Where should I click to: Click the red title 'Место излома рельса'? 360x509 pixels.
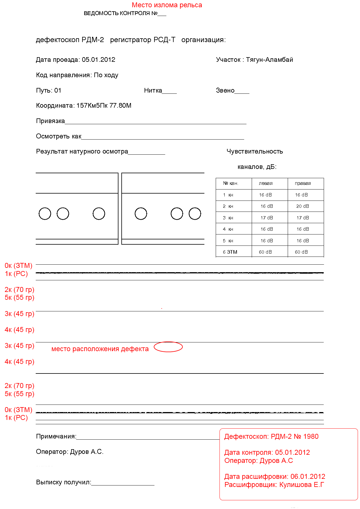(x=167, y=5)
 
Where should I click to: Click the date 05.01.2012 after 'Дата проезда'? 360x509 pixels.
(x=98, y=60)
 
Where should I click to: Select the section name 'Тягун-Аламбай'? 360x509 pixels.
(x=269, y=60)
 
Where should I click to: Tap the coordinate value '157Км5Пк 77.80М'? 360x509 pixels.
(x=104, y=106)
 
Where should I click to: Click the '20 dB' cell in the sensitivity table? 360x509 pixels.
(x=303, y=206)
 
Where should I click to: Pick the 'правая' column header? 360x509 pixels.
(x=303, y=183)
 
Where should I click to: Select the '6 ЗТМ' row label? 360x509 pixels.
(x=230, y=252)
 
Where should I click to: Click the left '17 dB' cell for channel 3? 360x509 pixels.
(x=267, y=218)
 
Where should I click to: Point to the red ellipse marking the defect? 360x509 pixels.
(x=168, y=347)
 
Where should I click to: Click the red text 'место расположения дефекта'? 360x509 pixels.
(x=100, y=349)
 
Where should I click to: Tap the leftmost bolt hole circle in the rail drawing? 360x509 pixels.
(x=45, y=214)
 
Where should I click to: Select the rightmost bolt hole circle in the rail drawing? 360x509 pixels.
(x=195, y=214)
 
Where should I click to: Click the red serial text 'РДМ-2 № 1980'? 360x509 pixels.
(x=294, y=437)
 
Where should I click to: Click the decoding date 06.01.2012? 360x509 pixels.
(x=308, y=476)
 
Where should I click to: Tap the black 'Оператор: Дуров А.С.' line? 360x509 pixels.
(x=70, y=452)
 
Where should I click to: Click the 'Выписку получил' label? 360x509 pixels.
(x=63, y=482)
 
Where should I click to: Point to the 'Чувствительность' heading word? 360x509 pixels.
(x=255, y=151)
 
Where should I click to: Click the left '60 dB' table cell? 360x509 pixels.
(x=265, y=252)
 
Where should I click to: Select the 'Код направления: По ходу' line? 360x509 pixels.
(x=77, y=75)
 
